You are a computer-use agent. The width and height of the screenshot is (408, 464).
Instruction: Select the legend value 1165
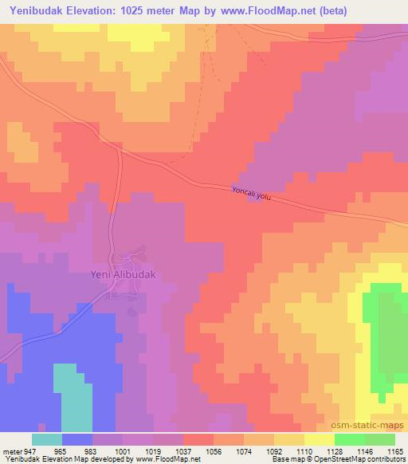(x=394, y=450)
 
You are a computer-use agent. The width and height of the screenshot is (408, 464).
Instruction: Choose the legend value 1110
(x=303, y=450)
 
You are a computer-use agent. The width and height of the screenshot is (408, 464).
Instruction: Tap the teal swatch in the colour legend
(x=47, y=439)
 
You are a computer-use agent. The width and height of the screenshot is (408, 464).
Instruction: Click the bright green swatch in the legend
(x=349, y=439)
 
